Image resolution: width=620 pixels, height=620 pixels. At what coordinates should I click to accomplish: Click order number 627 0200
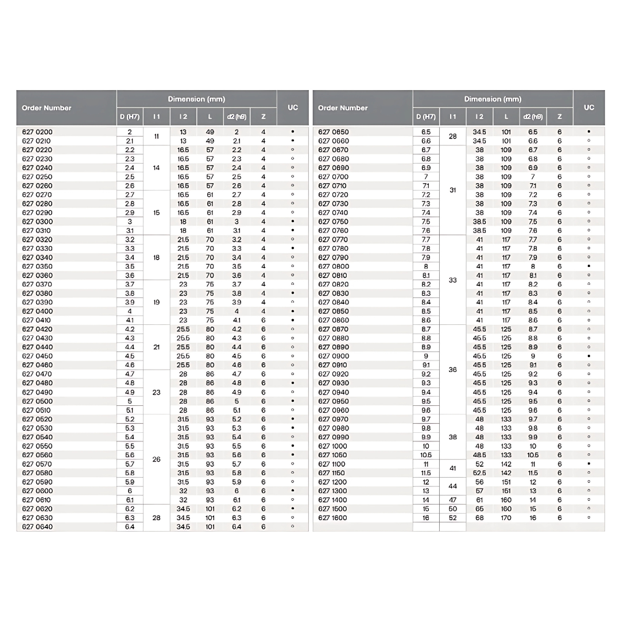click(x=37, y=132)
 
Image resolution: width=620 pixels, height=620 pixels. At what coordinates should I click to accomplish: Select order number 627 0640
click(x=37, y=527)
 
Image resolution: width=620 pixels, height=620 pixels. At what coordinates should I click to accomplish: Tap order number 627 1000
click(x=333, y=446)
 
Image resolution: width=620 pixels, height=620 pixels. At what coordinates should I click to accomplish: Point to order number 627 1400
click(x=333, y=500)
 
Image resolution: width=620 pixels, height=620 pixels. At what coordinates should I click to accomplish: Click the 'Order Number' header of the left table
click(x=46, y=108)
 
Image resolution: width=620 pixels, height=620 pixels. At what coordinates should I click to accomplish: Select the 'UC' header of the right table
click(x=588, y=108)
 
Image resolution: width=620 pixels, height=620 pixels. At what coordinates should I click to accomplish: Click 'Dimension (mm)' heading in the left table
click(x=196, y=99)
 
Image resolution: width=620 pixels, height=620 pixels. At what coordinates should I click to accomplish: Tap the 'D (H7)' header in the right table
click(x=425, y=117)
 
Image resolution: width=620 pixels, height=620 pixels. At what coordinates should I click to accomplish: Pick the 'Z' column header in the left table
click(x=263, y=117)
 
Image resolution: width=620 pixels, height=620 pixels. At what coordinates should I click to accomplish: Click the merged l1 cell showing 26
click(x=156, y=460)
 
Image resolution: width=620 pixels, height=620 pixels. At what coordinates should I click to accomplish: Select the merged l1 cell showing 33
click(x=452, y=280)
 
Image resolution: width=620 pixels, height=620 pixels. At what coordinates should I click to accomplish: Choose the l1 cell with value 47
click(x=452, y=500)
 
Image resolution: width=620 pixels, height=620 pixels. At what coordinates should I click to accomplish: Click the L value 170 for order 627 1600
click(x=506, y=518)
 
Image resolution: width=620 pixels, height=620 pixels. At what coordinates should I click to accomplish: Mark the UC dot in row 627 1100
click(x=588, y=464)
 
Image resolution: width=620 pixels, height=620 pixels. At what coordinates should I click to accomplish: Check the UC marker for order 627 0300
click(x=293, y=222)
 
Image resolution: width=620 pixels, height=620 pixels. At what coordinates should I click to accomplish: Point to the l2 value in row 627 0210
click(x=183, y=141)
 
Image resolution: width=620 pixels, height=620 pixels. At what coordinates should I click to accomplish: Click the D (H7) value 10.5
click(x=425, y=455)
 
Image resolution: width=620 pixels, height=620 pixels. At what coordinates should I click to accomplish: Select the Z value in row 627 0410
click(x=263, y=320)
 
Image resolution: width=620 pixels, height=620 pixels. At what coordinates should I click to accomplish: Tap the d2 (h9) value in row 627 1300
click(x=533, y=491)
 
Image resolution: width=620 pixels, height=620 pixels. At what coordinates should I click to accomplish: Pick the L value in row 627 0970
click(x=506, y=419)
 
